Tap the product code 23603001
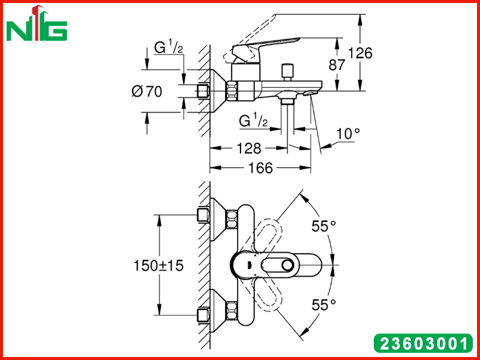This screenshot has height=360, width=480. tap(424, 343)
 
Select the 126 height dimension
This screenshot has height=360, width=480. tap(360, 53)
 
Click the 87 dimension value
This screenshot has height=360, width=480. tap(337, 65)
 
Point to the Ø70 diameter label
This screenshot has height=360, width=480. tap(147, 91)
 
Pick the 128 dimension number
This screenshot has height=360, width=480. tap(249, 148)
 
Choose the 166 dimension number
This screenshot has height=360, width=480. tap(260, 168)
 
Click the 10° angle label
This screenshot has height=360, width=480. tap(348, 134)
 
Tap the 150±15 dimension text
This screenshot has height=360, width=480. tap(158, 265)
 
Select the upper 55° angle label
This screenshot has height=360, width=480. tap(324, 226)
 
